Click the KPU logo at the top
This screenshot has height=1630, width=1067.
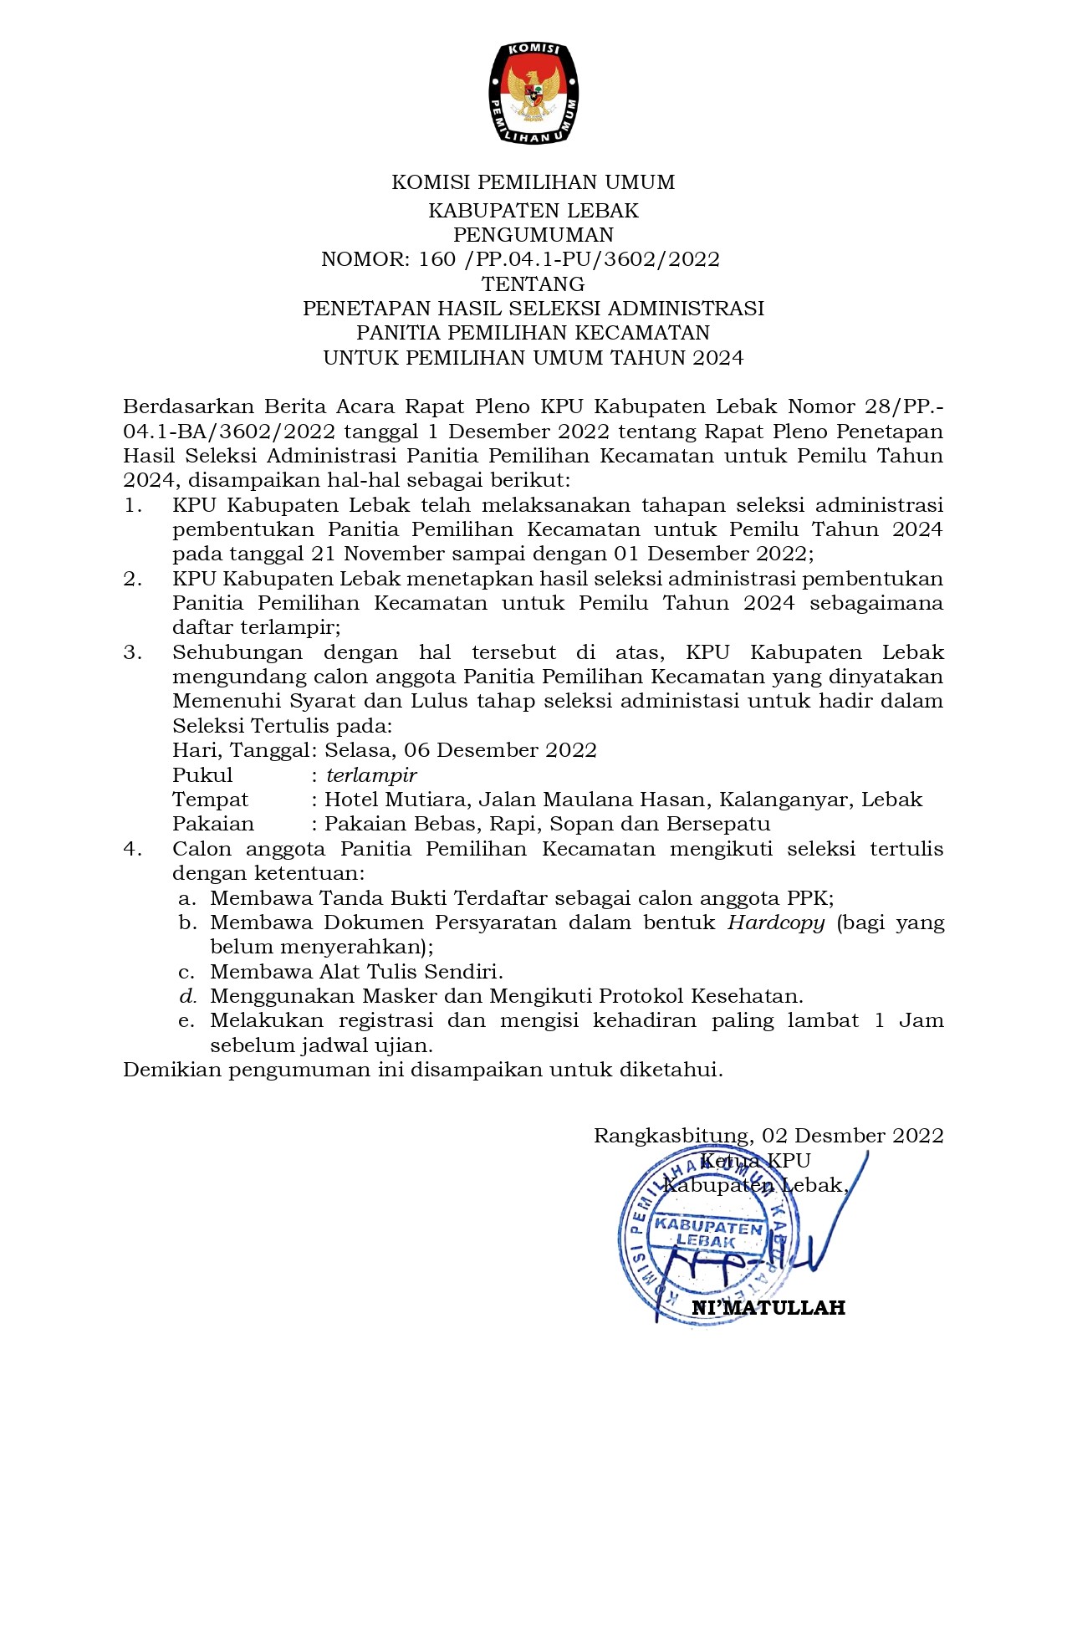[x=533, y=92]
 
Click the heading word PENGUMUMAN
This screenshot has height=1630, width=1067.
[x=533, y=235]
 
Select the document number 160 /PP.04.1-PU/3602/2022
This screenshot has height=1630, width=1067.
[x=569, y=259]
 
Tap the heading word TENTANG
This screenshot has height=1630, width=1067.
[x=533, y=284]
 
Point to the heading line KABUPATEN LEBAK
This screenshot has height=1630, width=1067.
[x=533, y=211]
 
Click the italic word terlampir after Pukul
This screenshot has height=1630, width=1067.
[x=371, y=775]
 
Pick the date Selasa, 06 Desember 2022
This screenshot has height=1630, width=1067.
[x=461, y=750]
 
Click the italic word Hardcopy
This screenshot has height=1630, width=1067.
[x=776, y=922]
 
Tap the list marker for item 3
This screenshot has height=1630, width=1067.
[x=132, y=652]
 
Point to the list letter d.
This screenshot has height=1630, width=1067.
[x=187, y=996]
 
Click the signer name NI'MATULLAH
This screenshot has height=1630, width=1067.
[x=768, y=1308]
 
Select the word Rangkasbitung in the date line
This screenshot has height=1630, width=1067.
[x=671, y=1136]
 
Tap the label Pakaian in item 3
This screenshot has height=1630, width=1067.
[x=213, y=824]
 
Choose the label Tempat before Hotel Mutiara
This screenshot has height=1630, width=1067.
[x=210, y=800]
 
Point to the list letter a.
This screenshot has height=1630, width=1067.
[x=187, y=899]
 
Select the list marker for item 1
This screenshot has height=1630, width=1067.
[x=132, y=505]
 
